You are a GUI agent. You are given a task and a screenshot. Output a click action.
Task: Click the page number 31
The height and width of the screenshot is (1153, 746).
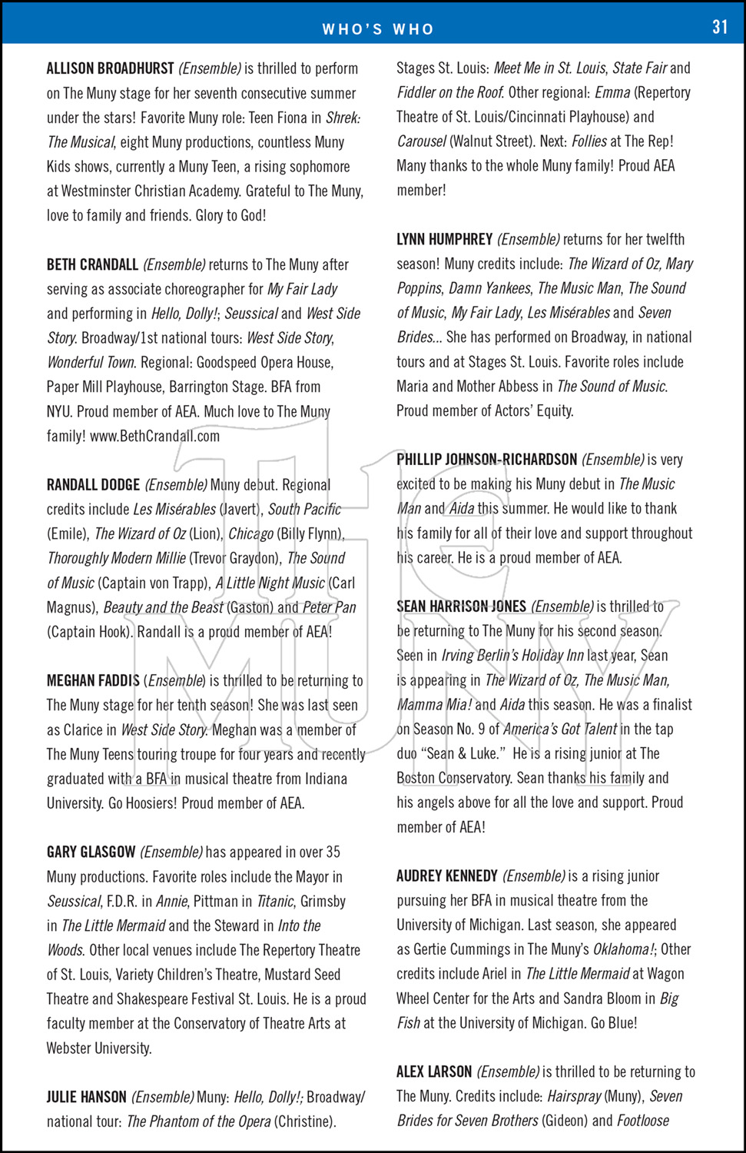[719, 27]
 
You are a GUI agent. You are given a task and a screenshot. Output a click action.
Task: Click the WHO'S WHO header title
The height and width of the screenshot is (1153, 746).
[378, 29]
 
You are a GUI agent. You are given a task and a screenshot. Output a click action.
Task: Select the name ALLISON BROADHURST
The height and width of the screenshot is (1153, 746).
[110, 68]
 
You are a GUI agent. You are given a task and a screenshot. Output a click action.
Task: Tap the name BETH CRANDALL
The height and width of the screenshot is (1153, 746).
[92, 264]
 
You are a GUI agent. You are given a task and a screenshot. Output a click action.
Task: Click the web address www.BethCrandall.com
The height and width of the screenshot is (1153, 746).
[154, 436]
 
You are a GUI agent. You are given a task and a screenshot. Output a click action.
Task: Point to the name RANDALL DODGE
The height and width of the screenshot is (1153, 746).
[93, 485]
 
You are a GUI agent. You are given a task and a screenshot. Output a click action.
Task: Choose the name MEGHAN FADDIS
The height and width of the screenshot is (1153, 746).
[93, 680]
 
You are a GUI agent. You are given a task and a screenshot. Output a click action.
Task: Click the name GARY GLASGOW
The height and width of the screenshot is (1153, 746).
[91, 852]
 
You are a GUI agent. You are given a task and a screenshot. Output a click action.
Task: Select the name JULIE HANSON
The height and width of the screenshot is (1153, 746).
[86, 1097]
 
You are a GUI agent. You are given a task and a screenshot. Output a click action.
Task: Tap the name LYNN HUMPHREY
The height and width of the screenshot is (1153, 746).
[444, 239]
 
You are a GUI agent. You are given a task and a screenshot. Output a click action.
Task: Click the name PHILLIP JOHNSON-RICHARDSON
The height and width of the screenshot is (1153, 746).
[486, 460]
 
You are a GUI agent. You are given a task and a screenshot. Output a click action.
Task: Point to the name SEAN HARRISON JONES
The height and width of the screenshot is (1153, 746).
[461, 606]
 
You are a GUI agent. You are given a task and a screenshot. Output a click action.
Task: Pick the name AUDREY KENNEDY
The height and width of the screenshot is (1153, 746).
[446, 876]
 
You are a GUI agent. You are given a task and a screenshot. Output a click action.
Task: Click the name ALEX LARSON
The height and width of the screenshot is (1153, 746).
[434, 1072]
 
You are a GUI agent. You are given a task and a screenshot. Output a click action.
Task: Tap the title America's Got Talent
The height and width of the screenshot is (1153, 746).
[560, 729]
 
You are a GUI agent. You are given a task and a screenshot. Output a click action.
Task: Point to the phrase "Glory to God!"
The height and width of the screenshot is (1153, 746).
[230, 215]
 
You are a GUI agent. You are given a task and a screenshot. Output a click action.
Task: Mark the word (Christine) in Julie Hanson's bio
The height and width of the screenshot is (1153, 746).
[305, 1121]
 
